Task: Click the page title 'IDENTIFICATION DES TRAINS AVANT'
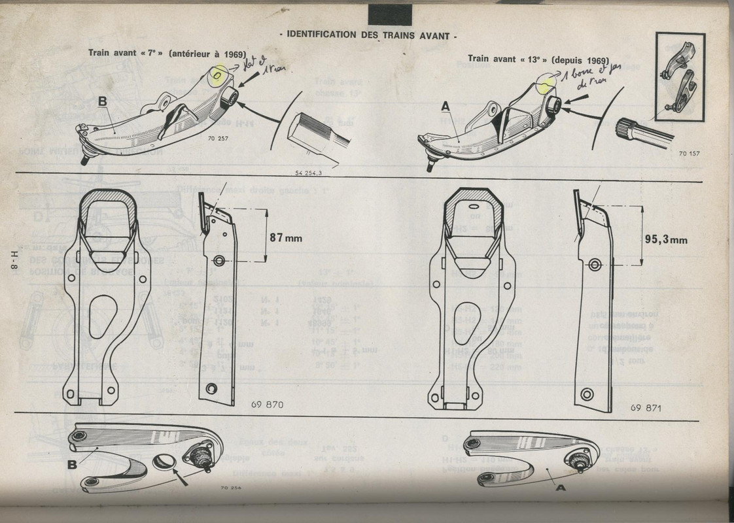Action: tap(368, 36)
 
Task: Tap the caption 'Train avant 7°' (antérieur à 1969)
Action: tap(167, 54)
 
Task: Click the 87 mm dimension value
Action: tap(285, 237)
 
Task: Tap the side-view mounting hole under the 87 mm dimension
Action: tap(219, 261)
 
